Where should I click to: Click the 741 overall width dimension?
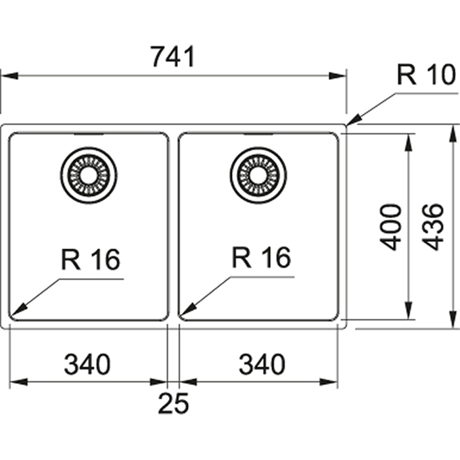pyautogui.click(x=173, y=58)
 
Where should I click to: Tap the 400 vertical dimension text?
pyautogui.click(x=392, y=227)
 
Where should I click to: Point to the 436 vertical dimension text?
pyautogui.click(x=433, y=227)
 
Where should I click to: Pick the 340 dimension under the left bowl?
pyautogui.click(x=87, y=363)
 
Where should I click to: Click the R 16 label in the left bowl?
pyautogui.click(x=91, y=260)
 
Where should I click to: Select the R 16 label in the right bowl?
pyautogui.click(x=261, y=258)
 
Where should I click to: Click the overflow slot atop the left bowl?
pyautogui.click(x=88, y=134)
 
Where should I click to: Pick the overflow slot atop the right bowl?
pyautogui.click(x=258, y=134)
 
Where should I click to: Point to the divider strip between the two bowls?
pyautogui.click(x=173, y=227)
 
